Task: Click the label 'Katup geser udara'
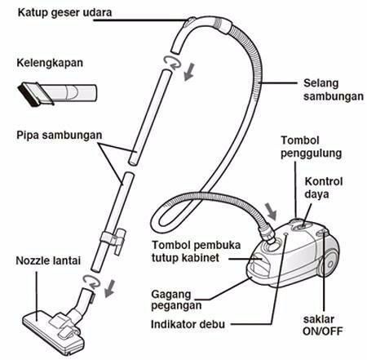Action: click(64, 13)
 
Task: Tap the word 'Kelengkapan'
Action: click(50, 63)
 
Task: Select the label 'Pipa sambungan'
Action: click(60, 136)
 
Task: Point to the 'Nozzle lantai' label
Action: click(48, 260)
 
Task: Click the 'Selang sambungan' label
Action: click(334, 90)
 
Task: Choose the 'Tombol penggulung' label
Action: click(311, 147)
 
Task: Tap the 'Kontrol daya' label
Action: click(324, 188)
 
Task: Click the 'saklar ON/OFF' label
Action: click(322, 325)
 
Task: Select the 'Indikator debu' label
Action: click(188, 324)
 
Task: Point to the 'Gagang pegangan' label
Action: click(176, 300)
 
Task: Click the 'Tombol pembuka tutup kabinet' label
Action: click(196, 251)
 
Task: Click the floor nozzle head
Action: click(53, 332)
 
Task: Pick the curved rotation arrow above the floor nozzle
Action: click(91, 282)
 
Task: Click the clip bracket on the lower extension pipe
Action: click(113, 238)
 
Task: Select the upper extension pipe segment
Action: click(150, 117)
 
